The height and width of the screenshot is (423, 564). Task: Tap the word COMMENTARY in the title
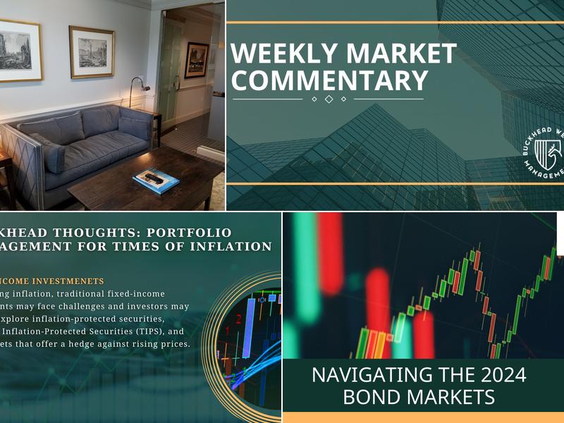coord(329,80)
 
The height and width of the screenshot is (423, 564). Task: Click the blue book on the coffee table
coord(156,180)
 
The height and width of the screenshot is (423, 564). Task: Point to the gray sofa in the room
coord(85,145)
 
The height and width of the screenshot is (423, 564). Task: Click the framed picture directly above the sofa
coord(91,51)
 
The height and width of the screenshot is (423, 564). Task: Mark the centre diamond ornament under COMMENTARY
coord(329,99)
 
